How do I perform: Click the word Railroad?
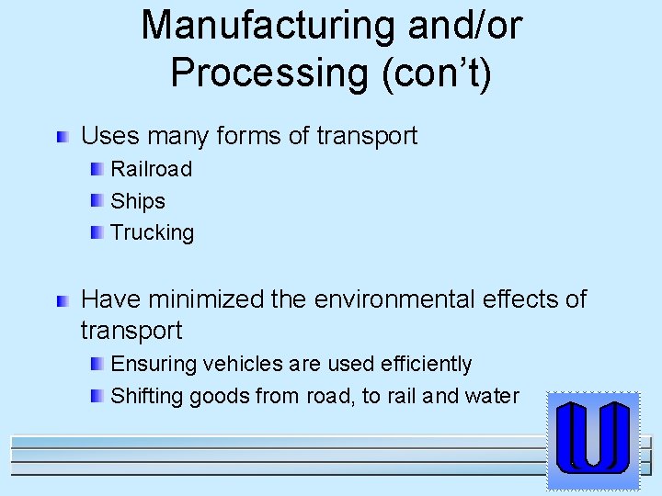click(151, 169)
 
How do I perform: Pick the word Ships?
click(138, 201)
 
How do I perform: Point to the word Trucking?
click(152, 232)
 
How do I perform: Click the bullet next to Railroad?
click(97, 169)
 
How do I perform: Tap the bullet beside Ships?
click(97, 201)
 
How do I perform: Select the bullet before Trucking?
click(97, 232)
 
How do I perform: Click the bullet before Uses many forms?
click(63, 138)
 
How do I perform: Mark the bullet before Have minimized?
click(63, 300)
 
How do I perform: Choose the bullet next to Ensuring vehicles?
click(97, 365)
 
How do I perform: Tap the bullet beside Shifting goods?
click(97, 397)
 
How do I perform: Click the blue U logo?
click(593, 438)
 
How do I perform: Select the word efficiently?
click(426, 365)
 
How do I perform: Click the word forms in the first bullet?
click(248, 137)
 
